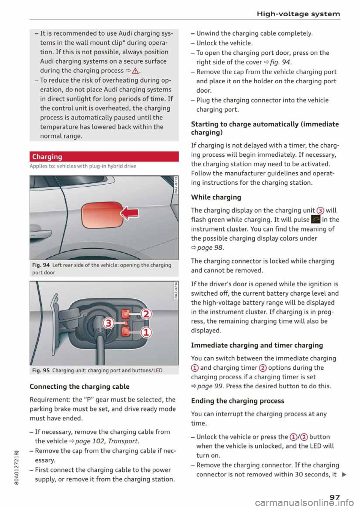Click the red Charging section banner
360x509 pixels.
pos(104,157)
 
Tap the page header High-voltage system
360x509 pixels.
pos(298,14)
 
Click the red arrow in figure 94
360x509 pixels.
pos(130,213)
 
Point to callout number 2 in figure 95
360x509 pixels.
pos(146,313)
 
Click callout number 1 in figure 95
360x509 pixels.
pos(146,332)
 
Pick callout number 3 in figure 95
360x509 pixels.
pos(109,323)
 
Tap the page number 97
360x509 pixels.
pos(334,497)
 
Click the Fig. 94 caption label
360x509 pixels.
pos(41,265)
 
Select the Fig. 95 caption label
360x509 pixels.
pos(41,370)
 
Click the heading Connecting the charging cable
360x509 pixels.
pos(79,386)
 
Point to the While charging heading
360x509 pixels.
pos(216,197)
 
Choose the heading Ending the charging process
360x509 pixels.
pos(237,401)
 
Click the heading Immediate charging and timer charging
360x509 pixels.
pos(257,345)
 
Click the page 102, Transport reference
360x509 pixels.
pos(107,441)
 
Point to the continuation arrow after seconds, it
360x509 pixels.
pos(344,475)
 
